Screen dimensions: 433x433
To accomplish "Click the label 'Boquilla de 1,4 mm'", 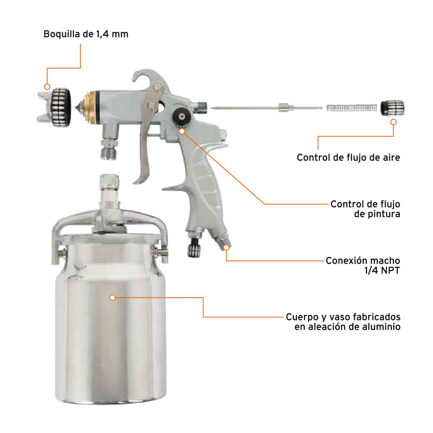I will (x=86, y=34).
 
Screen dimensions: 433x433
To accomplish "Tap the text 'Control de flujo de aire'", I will (x=349, y=158).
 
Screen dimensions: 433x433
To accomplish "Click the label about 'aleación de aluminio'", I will (x=347, y=321).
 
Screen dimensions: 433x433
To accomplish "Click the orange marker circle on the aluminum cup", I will (x=113, y=297).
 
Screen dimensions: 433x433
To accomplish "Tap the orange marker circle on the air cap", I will (x=47, y=87).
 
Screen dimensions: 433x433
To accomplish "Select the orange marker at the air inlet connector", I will (x=226, y=248).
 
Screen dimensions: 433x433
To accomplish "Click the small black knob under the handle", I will (x=192, y=250).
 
